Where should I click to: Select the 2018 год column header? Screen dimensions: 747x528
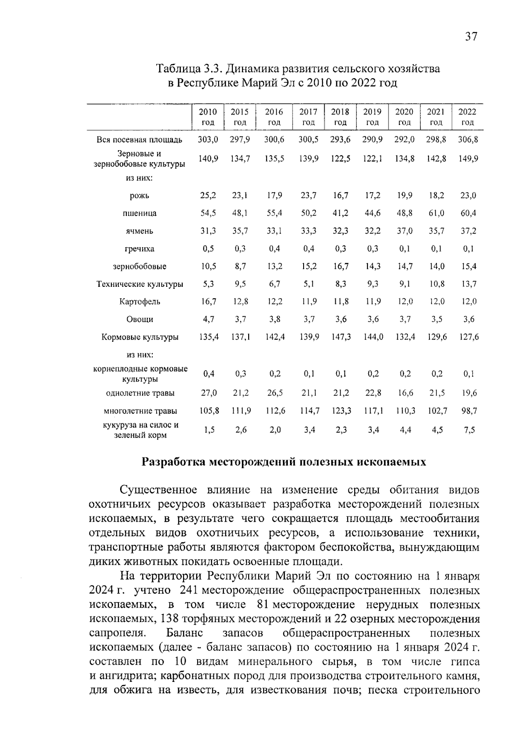(340, 117)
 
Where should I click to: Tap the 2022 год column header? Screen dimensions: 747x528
(467, 117)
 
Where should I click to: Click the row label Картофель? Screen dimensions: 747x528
(139, 302)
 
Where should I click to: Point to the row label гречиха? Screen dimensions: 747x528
(139, 249)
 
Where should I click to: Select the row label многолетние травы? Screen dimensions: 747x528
(140, 411)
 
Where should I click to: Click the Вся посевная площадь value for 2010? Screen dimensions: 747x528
(208, 140)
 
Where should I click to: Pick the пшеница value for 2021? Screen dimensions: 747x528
(436, 213)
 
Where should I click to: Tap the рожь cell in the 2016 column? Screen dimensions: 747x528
(274, 196)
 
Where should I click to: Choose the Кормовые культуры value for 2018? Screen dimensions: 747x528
(340, 337)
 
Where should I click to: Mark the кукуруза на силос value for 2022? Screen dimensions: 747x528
(469, 430)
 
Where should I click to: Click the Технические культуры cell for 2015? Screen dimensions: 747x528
(240, 284)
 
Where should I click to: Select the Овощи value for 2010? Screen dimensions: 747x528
(208, 319)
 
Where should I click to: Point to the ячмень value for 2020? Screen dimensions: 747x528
(404, 231)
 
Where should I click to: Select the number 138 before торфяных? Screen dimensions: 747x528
(169, 619)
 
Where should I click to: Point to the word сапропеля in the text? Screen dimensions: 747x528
(117, 633)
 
